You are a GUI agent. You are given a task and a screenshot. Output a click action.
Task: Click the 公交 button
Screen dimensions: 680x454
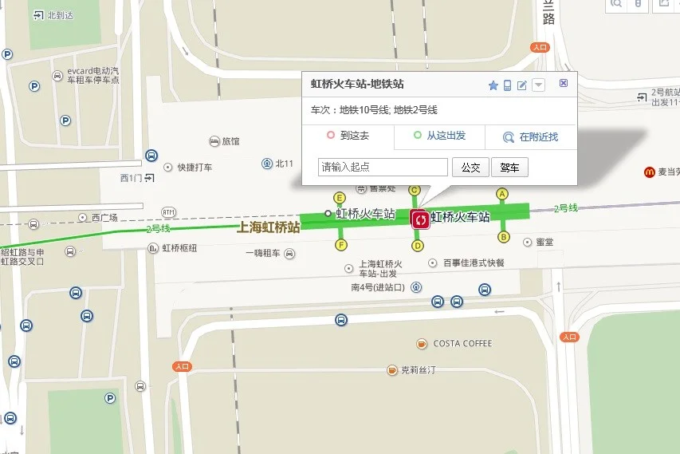470,168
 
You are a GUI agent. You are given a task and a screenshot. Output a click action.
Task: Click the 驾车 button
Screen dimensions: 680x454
509,168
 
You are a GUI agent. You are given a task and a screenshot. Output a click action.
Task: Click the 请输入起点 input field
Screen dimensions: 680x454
383,168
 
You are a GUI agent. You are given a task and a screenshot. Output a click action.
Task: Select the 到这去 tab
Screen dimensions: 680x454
348,136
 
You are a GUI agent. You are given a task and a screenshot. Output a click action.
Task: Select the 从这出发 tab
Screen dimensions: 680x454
439,136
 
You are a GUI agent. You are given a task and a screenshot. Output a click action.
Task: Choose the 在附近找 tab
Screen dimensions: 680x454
531,137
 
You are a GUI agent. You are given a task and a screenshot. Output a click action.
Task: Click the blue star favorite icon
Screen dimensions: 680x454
493,85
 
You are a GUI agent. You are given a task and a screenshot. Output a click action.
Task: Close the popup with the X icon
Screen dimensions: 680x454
564,84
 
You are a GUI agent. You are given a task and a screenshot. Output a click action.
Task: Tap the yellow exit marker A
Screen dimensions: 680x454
502,193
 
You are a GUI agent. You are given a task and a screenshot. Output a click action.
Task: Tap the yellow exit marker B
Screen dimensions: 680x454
503,236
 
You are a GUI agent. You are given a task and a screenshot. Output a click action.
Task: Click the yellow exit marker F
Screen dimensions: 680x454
340,244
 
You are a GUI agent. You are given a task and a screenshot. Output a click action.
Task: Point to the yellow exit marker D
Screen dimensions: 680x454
418,246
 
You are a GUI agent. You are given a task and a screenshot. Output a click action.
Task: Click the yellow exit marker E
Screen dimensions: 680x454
340,198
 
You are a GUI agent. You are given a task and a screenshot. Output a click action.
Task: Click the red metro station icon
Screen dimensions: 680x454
420,219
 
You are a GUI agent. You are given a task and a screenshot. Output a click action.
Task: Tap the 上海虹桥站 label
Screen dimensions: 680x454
269,227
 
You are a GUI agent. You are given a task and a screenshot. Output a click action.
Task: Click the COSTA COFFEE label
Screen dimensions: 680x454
462,344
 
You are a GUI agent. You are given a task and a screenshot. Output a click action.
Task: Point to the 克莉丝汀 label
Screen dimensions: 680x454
420,370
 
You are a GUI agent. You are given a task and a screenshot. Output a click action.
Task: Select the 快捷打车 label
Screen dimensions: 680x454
195,168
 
